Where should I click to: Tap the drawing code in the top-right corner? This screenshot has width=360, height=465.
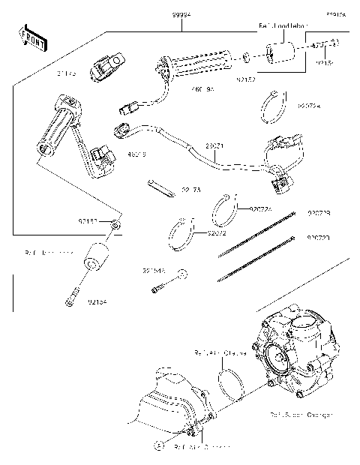click(x=335, y=13)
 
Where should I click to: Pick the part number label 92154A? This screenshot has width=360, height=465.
click(x=153, y=270)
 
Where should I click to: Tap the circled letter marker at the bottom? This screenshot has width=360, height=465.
click(x=158, y=445)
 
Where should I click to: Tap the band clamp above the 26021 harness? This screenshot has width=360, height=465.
click(x=277, y=105)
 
